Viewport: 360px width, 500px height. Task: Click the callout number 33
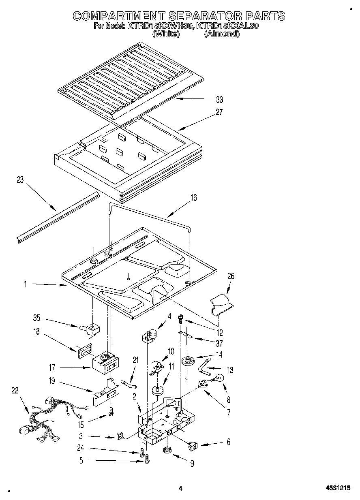(219, 100)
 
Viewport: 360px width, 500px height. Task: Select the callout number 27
(219, 113)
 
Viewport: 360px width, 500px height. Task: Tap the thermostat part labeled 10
(158, 367)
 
